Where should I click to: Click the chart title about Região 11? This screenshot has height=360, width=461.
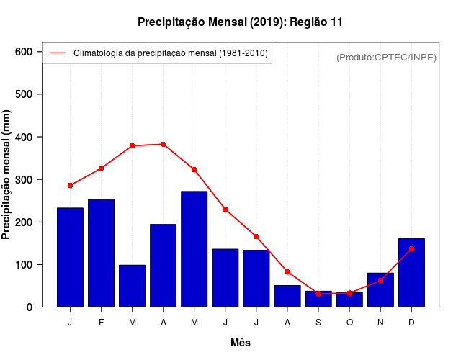(x=240, y=22)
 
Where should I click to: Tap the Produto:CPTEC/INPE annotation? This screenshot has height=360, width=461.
(x=386, y=57)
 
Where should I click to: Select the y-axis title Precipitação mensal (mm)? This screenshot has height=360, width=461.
(x=7, y=175)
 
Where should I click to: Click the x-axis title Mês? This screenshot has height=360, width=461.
(x=241, y=343)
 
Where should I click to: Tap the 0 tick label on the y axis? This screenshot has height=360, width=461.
(x=30, y=307)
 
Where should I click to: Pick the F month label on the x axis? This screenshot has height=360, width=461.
(x=102, y=323)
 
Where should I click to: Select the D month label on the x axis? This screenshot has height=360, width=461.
(x=411, y=323)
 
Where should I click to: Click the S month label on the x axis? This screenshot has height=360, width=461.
(x=318, y=323)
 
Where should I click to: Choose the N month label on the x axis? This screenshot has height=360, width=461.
(x=380, y=323)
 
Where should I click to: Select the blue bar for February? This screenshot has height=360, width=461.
(x=102, y=252)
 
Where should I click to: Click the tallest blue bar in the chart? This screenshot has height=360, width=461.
(x=194, y=248)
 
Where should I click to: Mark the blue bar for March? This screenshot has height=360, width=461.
(x=133, y=286)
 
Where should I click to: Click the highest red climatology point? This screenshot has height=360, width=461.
(x=164, y=144)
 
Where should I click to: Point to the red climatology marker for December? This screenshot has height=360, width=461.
(x=411, y=248)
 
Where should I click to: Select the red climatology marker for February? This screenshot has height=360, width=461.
(x=102, y=168)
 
